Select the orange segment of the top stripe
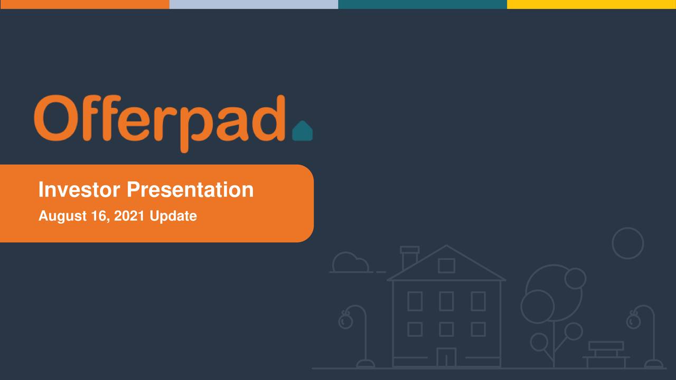pyautogui.click(x=84, y=4)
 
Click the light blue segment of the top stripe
pyautogui.click(x=253, y=4)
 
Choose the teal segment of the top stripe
pyautogui.click(x=422, y=4)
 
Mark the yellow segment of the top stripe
pyautogui.click(x=591, y=4)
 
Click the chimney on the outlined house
pyautogui.click(x=409, y=256)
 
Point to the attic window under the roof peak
pyautogui.click(x=446, y=265)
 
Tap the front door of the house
pyautogui.click(x=446, y=357)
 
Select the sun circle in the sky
pyautogui.click(x=627, y=243)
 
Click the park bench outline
pyautogui.click(x=606, y=353)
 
